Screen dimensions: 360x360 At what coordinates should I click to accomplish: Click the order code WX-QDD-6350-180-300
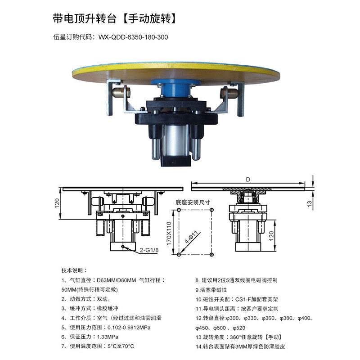point(133,37)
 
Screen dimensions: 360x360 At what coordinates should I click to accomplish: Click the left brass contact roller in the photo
point(120,93)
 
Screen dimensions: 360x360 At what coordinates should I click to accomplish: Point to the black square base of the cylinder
point(176,160)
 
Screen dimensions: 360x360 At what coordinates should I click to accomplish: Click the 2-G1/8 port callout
point(149,250)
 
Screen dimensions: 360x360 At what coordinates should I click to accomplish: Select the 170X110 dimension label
point(169,233)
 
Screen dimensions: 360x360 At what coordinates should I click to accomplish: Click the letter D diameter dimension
point(248,179)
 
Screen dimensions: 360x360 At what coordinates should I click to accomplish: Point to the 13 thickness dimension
point(310,204)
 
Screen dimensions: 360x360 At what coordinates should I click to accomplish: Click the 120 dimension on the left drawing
point(57,203)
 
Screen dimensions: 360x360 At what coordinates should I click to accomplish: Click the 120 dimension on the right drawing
point(271,236)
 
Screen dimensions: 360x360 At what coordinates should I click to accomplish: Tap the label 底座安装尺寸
point(193,202)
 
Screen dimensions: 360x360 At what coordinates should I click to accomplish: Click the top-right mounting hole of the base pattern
point(211,210)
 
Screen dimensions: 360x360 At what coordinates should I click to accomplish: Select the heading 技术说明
point(74,270)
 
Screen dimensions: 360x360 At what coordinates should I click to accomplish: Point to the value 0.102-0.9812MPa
point(129,328)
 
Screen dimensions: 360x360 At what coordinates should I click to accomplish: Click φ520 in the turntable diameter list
point(239,328)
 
